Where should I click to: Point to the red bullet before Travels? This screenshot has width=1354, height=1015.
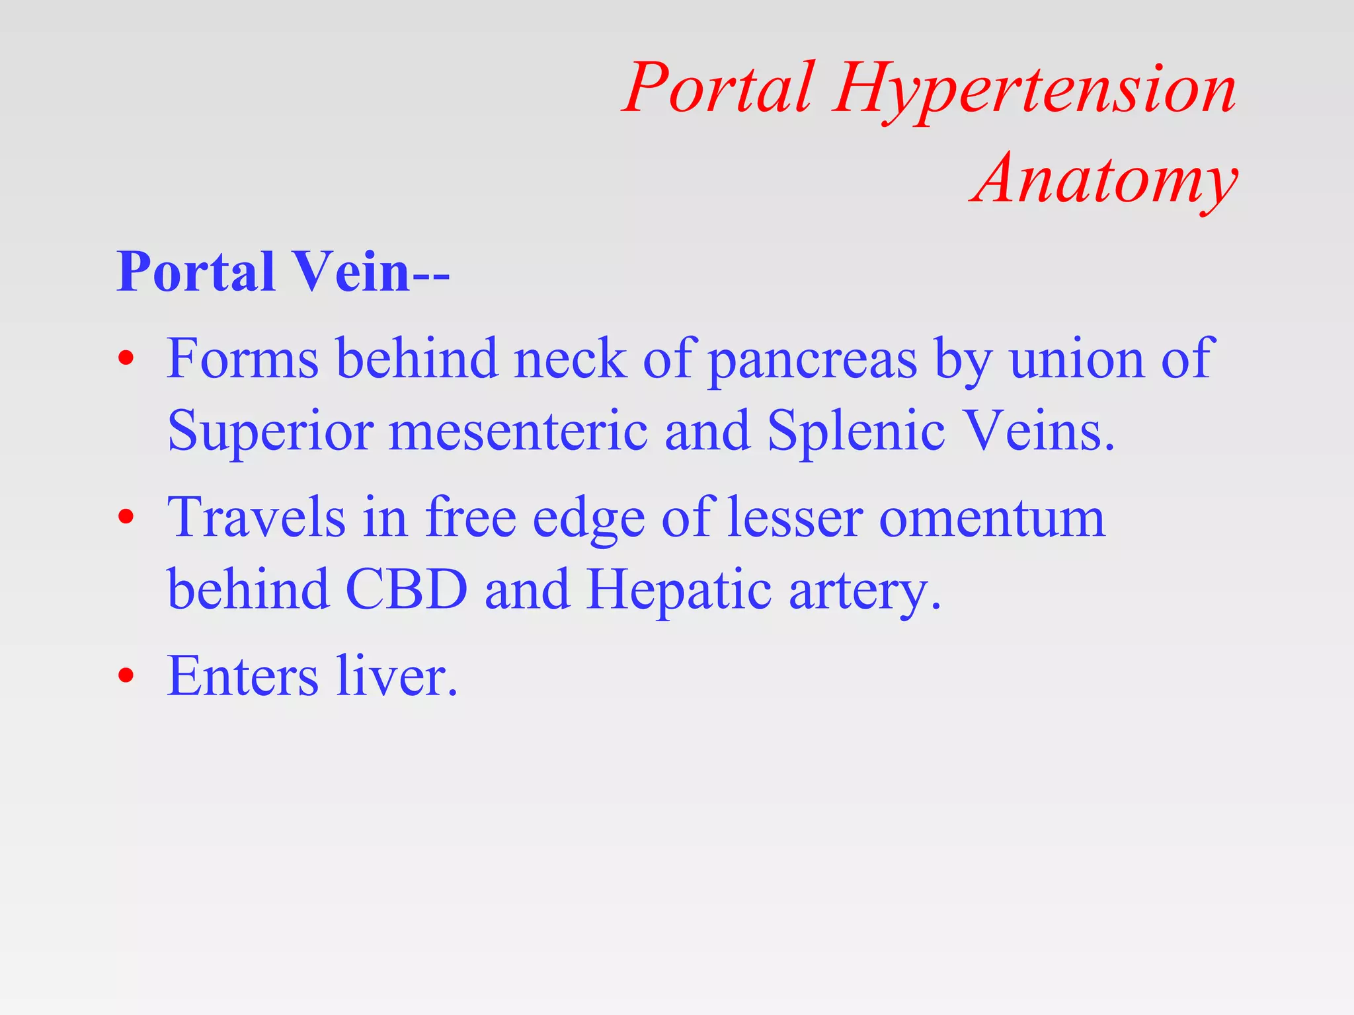[126, 517]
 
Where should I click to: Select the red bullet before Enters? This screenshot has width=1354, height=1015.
[126, 676]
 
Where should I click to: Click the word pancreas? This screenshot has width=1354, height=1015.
[813, 360]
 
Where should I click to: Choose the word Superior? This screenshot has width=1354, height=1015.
[270, 432]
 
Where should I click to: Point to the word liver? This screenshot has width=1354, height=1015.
[397, 676]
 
